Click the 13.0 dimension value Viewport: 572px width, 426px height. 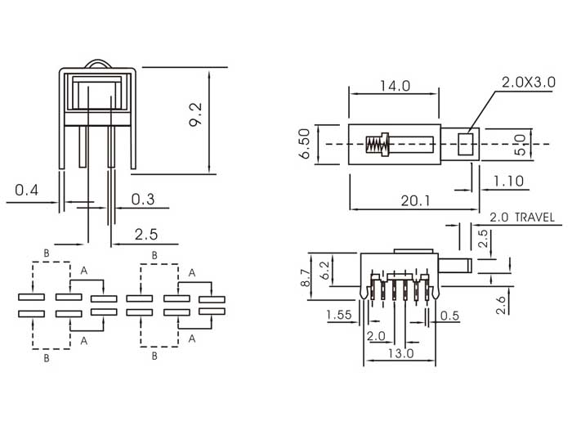coord(399,353)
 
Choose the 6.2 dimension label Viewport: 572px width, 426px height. coord(325,270)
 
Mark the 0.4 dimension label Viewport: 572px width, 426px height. coord(27,190)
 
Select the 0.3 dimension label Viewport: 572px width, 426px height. coord(141,198)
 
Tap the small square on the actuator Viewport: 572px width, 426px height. coord(466,145)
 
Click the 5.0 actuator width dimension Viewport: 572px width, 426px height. coord(520,145)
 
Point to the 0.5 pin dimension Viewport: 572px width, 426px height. coord(449,316)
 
